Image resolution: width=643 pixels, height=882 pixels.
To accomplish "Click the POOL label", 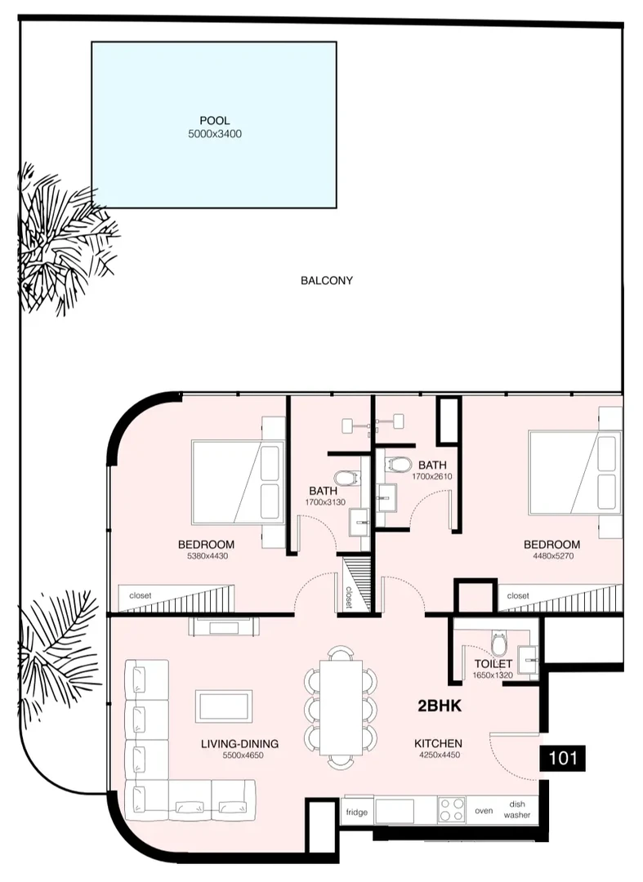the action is [214, 120].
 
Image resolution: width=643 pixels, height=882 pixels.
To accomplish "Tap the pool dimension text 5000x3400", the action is [215, 134].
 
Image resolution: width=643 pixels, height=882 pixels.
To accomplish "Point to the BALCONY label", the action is [326, 280].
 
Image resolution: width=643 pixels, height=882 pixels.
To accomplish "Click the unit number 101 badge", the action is [563, 758].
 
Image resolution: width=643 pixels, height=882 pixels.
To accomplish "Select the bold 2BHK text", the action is [440, 706].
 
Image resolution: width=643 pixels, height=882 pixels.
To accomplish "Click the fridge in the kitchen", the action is [357, 812].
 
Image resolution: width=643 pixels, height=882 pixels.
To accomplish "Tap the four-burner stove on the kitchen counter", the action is [452, 810].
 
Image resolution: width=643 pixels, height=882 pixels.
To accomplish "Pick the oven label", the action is [484, 811].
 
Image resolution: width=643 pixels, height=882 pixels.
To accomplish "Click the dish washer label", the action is [517, 809].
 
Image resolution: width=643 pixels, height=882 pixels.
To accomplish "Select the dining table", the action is [341, 707].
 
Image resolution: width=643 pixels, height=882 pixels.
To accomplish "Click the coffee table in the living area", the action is [224, 706].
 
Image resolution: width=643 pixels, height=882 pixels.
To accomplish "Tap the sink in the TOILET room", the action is [528, 656].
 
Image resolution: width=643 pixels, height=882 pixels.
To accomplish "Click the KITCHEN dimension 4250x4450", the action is [440, 755].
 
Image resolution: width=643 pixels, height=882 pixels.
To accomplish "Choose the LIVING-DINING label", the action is [239, 744].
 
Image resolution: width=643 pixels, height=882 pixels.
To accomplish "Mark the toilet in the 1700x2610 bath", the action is [399, 465].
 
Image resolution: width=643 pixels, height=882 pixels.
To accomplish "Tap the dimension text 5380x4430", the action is [208, 556].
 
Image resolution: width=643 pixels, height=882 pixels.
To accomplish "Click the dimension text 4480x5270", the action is [553, 556].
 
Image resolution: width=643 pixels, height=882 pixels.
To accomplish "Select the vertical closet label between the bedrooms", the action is [349, 597].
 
